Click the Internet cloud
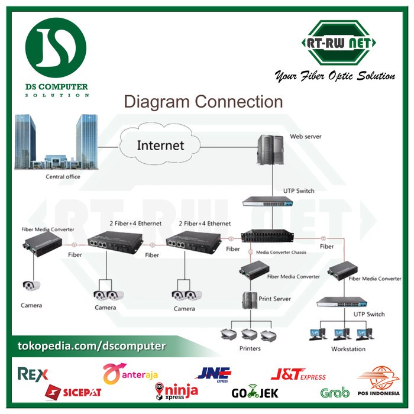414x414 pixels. pyautogui.click(x=160, y=145)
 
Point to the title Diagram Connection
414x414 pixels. pyautogui.click(x=203, y=102)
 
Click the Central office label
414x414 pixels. pyautogui.click(x=63, y=176)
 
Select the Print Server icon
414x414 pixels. pyautogui.click(x=247, y=300)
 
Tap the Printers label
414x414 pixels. pyautogui.click(x=250, y=348)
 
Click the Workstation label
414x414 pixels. pyautogui.click(x=348, y=349)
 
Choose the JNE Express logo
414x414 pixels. pyautogui.click(x=214, y=374)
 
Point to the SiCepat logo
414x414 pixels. pyautogui.click(x=74, y=392)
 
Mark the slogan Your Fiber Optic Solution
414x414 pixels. pyautogui.click(x=334, y=76)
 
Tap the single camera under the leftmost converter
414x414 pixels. pyautogui.click(x=31, y=286)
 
